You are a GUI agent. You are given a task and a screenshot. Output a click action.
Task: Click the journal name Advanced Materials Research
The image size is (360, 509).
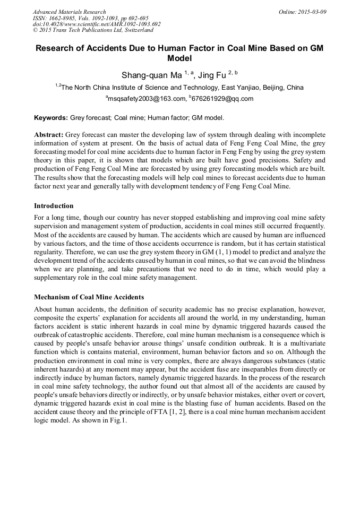(69, 12)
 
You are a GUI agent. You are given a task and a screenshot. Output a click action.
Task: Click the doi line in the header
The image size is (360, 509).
(97, 24)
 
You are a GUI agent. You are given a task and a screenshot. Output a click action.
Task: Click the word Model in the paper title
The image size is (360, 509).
(179, 58)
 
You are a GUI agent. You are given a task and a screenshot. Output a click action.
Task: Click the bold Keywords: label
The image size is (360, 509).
(51, 117)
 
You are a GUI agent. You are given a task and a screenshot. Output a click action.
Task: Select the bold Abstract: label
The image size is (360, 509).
(49, 135)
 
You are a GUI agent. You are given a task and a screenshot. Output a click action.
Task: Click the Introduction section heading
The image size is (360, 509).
(54, 205)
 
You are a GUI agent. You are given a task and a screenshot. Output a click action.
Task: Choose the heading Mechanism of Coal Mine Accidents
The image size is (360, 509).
(89, 297)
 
